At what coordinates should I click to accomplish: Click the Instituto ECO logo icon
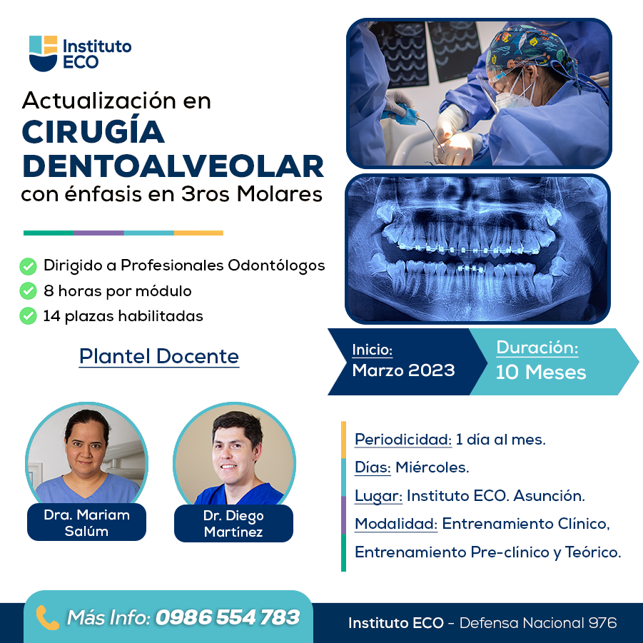(x=43, y=54)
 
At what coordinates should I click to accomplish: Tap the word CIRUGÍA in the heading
(x=93, y=132)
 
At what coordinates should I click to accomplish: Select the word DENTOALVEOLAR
(x=173, y=166)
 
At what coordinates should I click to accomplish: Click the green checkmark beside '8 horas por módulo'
(x=28, y=291)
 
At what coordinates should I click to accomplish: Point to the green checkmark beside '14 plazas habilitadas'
(x=28, y=316)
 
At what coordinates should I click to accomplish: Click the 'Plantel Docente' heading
(x=158, y=356)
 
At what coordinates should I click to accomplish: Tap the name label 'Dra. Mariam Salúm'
(x=86, y=523)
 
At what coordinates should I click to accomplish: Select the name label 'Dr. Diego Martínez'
(x=233, y=524)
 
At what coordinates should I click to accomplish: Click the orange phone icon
(x=48, y=617)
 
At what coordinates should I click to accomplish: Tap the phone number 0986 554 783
(x=227, y=617)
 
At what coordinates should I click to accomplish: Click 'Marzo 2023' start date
(x=403, y=370)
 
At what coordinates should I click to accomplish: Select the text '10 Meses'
(x=541, y=373)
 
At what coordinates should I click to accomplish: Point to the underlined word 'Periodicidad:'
(x=403, y=440)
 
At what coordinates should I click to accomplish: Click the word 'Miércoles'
(x=432, y=467)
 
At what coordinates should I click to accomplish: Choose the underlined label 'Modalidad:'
(x=396, y=524)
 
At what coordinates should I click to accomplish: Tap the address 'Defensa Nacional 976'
(x=538, y=623)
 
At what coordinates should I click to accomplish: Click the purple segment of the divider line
(x=98, y=233)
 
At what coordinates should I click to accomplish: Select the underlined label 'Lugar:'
(x=378, y=496)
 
